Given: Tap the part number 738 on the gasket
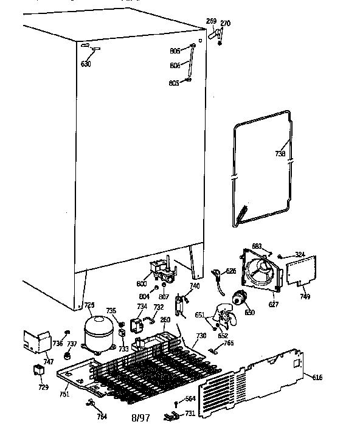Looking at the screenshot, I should (280, 154).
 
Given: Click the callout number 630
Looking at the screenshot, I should (86, 64).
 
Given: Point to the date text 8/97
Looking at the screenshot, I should (140, 417).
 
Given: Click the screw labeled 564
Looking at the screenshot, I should (176, 403).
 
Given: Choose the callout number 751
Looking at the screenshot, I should (64, 395).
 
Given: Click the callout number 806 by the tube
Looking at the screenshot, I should (175, 66).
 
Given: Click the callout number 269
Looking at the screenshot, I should (211, 21).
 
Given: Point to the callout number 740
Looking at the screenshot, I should (195, 285).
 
